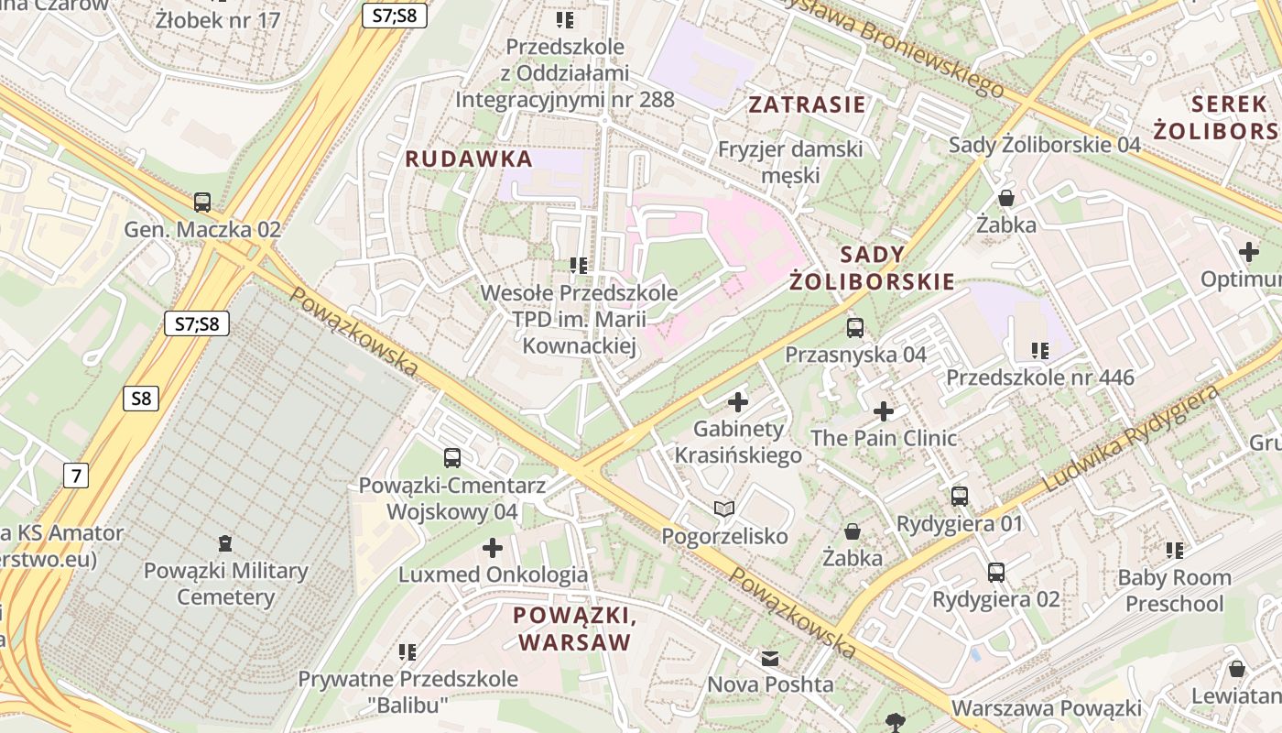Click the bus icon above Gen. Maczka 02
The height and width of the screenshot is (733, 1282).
point(202,202)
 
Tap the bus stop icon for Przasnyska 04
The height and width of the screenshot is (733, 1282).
point(855,327)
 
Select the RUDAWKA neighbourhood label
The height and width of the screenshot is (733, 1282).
point(469,159)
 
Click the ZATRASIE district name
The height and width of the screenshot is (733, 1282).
point(807,104)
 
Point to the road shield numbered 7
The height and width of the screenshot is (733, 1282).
point(76,475)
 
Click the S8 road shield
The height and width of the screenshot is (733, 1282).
point(140,399)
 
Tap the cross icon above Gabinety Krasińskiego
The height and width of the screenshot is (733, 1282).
point(738,401)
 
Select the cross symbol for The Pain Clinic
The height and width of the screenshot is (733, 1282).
point(884,411)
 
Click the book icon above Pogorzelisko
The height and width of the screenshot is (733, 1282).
point(724,509)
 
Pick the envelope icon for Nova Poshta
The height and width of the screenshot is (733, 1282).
point(770,658)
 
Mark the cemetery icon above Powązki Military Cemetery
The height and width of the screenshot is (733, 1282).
point(225,543)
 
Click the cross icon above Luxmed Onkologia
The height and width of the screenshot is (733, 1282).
point(493,548)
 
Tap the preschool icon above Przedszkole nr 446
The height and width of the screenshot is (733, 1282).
point(1040,350)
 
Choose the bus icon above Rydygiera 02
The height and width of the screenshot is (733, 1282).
point(996,573)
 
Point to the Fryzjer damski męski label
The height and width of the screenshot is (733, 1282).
point(790,161)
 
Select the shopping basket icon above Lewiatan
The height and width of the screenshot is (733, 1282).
point(1237,669)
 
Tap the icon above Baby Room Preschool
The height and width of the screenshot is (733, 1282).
point(1175,551)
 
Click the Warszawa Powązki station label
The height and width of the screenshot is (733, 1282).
point(1047,708)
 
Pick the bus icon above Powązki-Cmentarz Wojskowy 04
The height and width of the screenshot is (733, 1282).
point(452,457)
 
